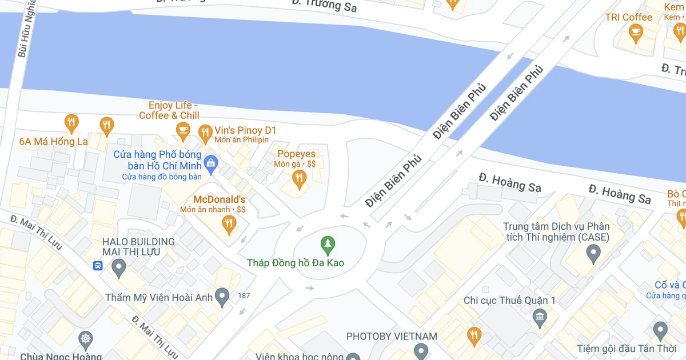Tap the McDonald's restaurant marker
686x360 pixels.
pos(229,224)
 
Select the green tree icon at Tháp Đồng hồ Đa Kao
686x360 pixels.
pos(328,246)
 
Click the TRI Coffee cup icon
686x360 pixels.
pos(635,33)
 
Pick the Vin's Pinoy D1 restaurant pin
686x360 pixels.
pos(205,134)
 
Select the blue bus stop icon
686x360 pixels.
pos(98,266)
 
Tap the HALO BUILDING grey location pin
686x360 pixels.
pos(119,266)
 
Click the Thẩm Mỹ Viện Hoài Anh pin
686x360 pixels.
pos(222,296)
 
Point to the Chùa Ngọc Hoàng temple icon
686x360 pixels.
pos(86,340)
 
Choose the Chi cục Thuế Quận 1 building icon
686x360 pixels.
pos(539,316)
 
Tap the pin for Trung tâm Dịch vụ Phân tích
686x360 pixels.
pos(593,252)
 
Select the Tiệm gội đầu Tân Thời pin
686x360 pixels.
pos(660,330)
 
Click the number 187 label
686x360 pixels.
pos(244,295)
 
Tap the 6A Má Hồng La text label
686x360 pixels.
pos(53,141)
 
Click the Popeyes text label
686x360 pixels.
pos(296,154)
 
